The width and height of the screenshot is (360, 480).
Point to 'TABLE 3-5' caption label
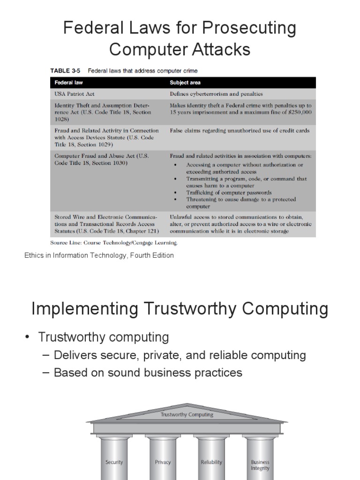point(65,71)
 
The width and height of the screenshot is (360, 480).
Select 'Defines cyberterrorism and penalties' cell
point(216,94)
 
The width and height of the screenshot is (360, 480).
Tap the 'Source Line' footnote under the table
point(114,243)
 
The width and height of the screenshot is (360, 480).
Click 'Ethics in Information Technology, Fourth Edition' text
point(99,255)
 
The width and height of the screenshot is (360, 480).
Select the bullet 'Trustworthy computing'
point(103,337)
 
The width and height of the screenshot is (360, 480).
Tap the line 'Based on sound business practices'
point(148,373)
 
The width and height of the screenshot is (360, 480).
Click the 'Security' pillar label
point(114,462)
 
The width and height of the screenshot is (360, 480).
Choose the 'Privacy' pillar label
point(163,462)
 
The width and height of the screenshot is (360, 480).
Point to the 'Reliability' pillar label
point(211,462)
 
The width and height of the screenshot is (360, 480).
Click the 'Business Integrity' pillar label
point(260,465)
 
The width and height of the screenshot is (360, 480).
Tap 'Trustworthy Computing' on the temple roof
point(187,414)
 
